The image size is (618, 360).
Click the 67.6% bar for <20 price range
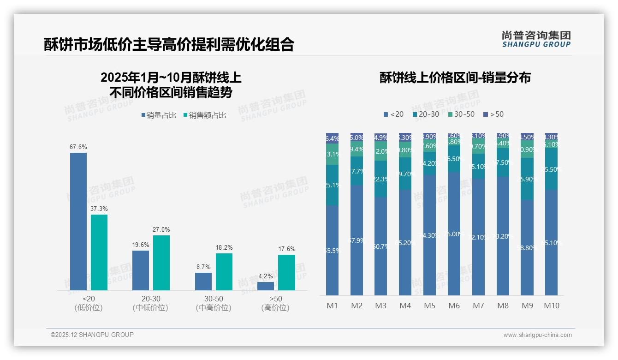pos(78,222)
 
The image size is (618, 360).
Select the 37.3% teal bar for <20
pos(99,252)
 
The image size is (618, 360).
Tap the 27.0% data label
pos(161,229)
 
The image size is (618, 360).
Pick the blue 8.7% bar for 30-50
pos(203,282)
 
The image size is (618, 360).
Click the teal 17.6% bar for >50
pos(286,272)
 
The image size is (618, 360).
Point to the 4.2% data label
pos(266,276)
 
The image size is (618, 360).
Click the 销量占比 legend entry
pos(159,115)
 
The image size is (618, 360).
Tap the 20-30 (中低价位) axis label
pos(150,303)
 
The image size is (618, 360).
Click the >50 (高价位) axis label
pos(276,303)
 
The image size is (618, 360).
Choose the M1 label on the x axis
pos(333,306)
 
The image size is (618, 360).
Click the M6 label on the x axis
pos(454,306)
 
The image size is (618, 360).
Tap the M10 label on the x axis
pos(551,306)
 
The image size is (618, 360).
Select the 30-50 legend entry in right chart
pos(461,114)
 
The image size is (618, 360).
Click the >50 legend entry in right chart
pos(493,114)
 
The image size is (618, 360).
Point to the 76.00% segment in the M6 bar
pos(454,234)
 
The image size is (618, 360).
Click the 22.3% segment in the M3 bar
pos(381,179)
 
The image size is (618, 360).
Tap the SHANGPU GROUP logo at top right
pos(536,39)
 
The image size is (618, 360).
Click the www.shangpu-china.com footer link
pos(537,335)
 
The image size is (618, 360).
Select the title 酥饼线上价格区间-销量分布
pos(455,78)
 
